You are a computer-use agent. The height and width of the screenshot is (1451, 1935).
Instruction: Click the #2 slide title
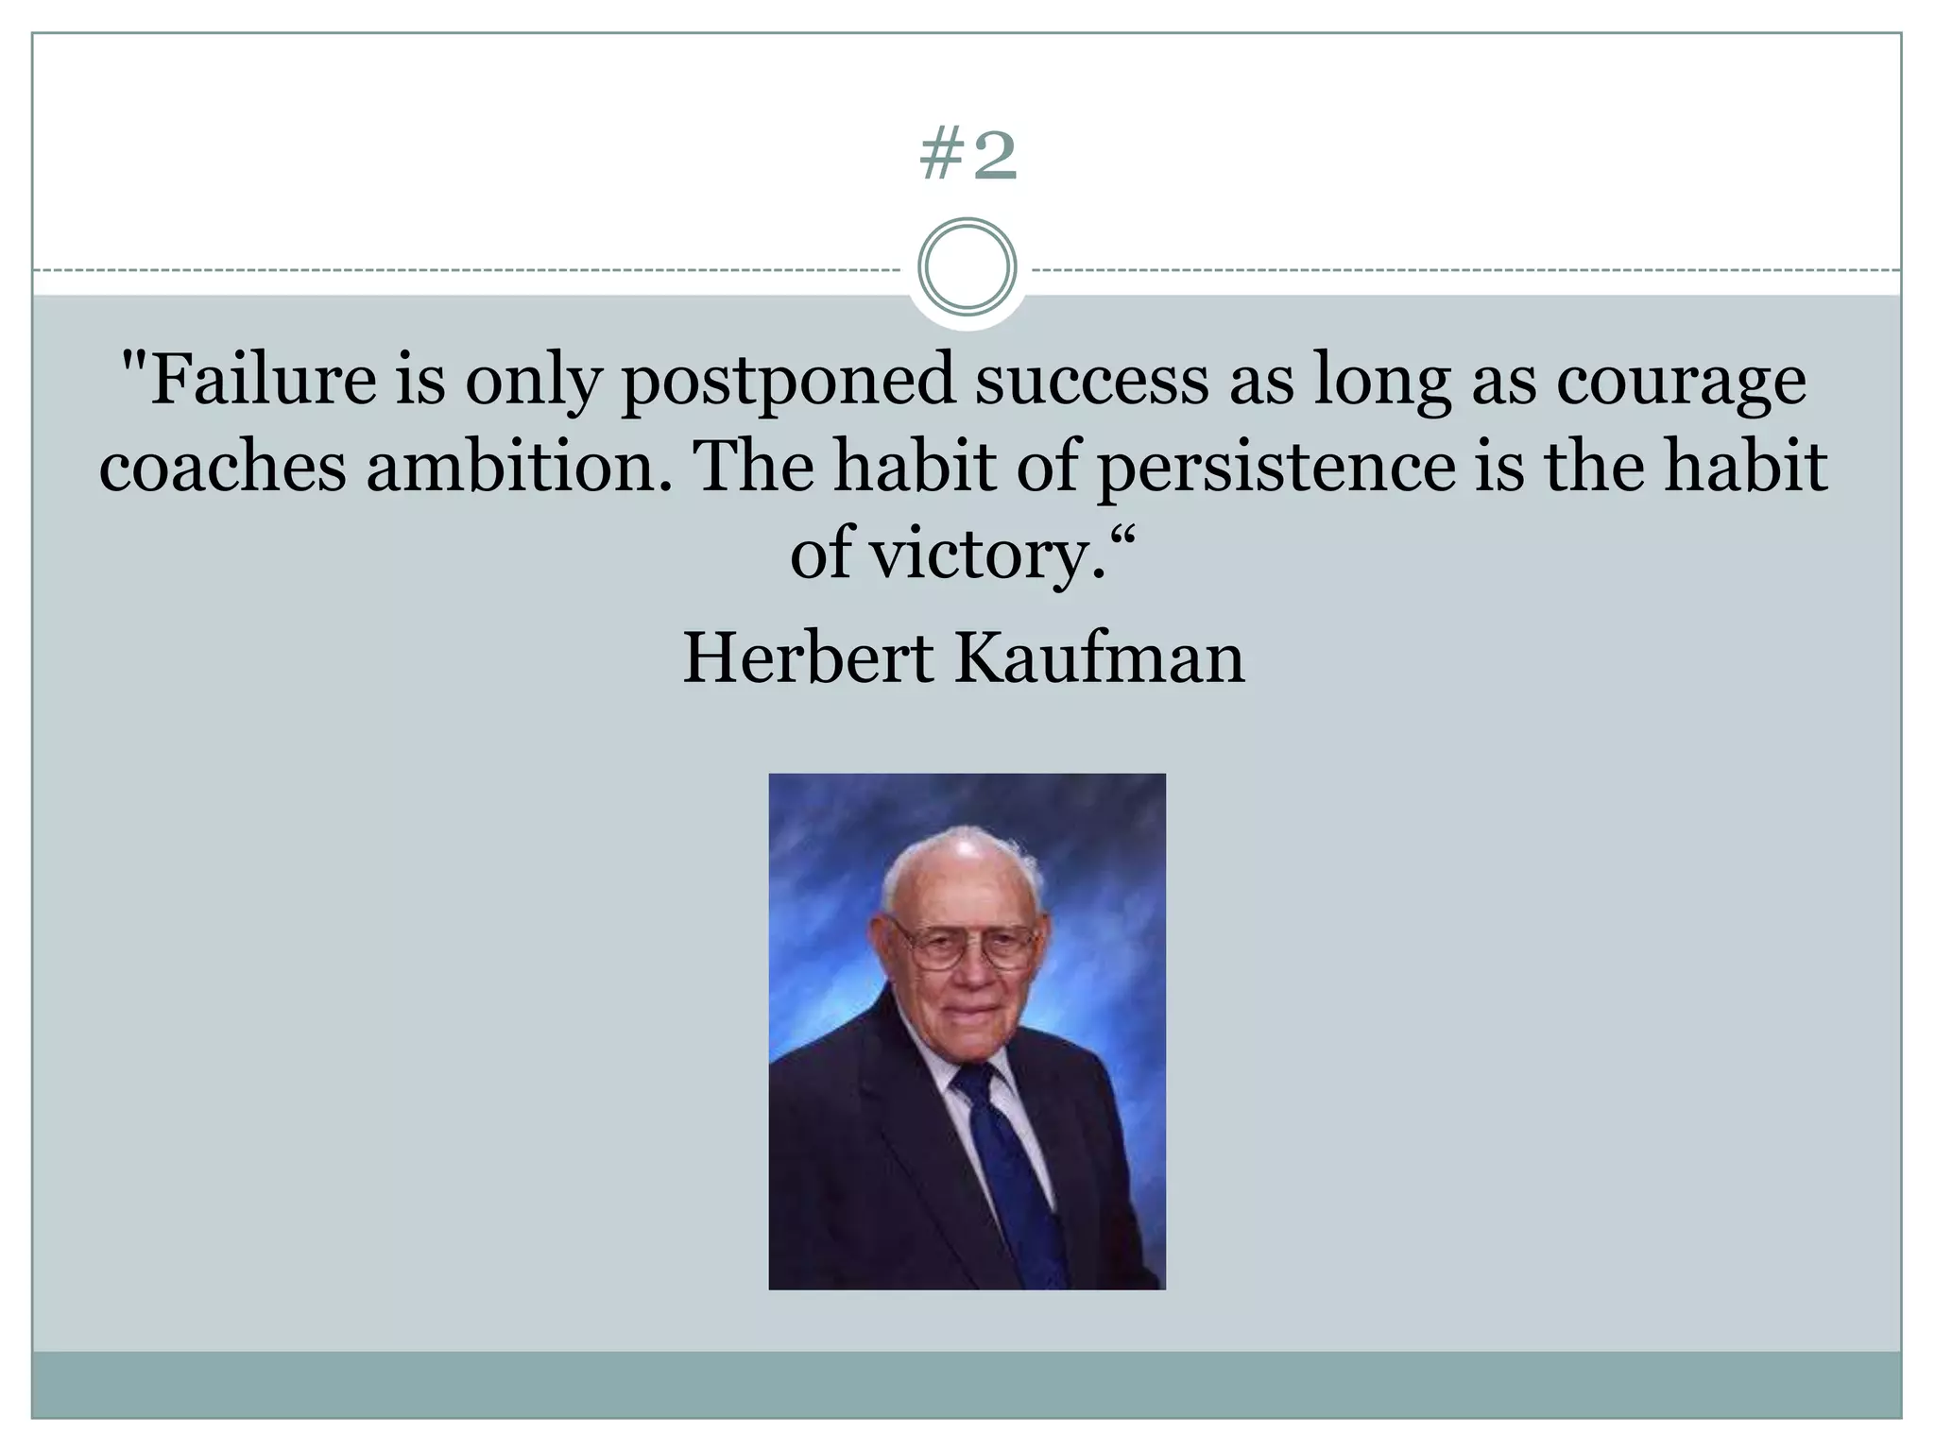[967, 157]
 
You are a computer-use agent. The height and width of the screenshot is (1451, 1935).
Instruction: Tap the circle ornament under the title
[967, 266]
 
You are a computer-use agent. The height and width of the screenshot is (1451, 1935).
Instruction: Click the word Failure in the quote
[264, 380]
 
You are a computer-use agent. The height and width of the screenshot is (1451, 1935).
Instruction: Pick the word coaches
[222, 467]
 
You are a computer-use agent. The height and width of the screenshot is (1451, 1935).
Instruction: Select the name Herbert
[808, 657]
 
